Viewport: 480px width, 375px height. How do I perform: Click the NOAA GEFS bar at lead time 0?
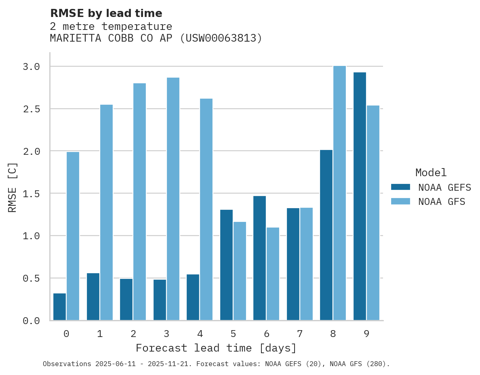click(x=60, y=307)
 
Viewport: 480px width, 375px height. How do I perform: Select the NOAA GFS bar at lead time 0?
click(x=73, y=236)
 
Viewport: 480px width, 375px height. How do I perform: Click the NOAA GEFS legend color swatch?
click(x=400, y=187)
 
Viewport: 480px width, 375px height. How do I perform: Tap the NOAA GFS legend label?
click(x=442, y=202)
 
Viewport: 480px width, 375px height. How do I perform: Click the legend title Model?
click(x=431, y=173)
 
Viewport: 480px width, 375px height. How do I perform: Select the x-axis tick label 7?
click(x=299, y=334)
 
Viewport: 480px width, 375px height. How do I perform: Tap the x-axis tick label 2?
click(x=133, y=334)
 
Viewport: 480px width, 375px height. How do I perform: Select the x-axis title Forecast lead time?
click(x=216, y=348)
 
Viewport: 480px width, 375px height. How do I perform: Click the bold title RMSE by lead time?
click(x=106, y=13)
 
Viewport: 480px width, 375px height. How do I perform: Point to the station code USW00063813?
click(x=221, y=38)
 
